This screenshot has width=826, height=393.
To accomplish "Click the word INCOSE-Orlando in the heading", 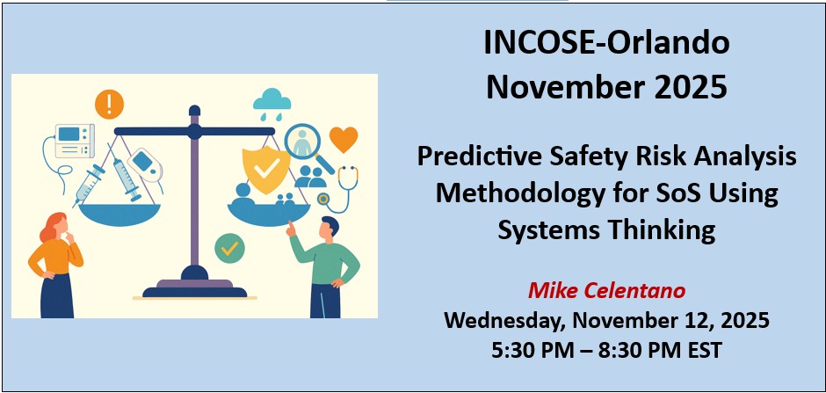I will click(606, 44).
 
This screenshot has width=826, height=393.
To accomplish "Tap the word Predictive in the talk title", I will click(475, 156).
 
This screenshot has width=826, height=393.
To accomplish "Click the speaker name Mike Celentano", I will click(605, 290).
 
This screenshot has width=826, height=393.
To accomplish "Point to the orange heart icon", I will click(343, 138).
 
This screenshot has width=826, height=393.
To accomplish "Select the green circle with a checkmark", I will click(230, 248).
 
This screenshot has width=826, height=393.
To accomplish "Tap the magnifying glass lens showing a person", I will click(302, 141).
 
